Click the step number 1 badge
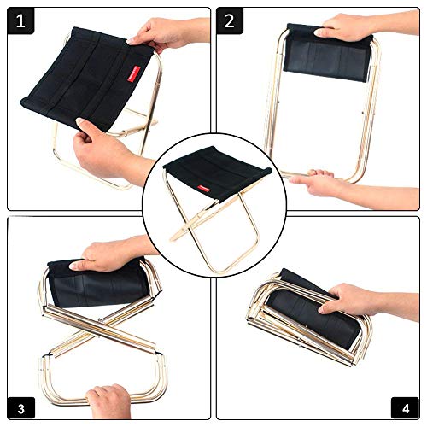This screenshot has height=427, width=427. coord(20,20)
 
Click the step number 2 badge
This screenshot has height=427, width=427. coord(230,20)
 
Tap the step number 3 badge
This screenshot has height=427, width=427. coord(21,408)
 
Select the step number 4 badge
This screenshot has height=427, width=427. coord(406,408)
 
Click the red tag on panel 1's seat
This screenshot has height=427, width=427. coord(134,74)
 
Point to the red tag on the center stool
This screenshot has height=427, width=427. coord(203,189)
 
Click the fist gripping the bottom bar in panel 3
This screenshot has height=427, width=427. coord(109,401)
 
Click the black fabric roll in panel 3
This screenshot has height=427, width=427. coord(98,284)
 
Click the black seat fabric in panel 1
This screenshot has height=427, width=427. coord(85,79)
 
